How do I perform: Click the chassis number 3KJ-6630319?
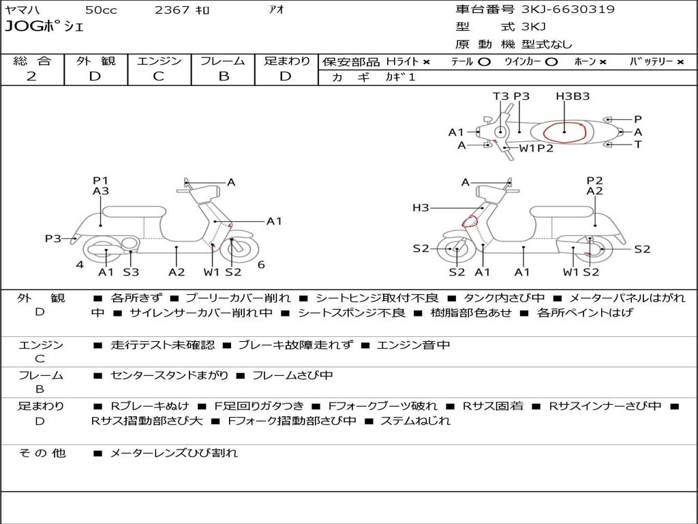coord(568,10)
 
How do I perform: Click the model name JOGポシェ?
coord(44,27)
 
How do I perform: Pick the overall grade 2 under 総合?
coord(31,76)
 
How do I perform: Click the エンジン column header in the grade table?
coord(158,61)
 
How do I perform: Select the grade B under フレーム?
coord(223,76)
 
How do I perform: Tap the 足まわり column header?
coord(287,61)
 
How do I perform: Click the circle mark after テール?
coord(483,62)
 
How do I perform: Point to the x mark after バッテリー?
coord(680,62)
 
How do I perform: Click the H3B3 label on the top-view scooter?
coord(573,96)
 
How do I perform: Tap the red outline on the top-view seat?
coord(564,132)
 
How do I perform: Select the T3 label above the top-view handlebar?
coord(500,96)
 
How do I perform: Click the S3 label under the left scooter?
coord(131,272)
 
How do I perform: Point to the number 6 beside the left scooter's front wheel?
coord(261,265)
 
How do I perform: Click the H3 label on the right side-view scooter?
coord(421,208)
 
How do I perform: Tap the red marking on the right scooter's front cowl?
coord(470,221)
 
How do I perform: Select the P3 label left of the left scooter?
coord(53,238)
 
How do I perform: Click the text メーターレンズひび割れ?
coord(174,453)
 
